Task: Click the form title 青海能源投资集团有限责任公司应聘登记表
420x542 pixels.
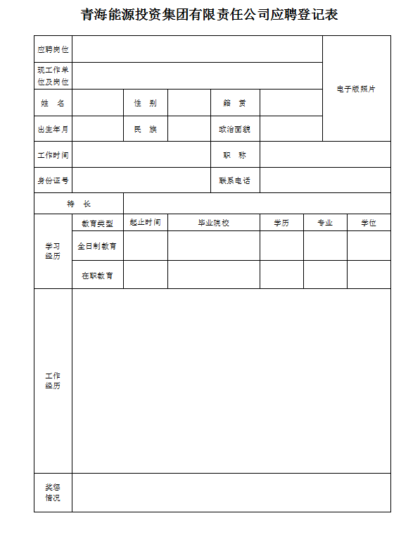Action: click(210, 15)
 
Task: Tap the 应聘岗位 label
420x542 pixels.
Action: click(53, 49)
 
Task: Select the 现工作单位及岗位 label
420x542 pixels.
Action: click(53, 76)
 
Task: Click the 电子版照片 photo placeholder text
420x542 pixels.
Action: click(356, 89)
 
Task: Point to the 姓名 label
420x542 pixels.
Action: click(53, 103)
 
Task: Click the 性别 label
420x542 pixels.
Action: click(146, 103)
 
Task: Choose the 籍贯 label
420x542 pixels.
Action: click(235, 103)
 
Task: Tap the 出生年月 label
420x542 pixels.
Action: click(53, 129)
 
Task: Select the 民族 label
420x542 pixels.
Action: click(146, 129)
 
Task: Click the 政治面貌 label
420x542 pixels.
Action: click(235, 129)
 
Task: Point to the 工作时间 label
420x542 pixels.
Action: click(53, 154)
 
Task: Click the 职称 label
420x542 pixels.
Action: click(235, 154)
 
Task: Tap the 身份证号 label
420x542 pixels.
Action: click(53, 180)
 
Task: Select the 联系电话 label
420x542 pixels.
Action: click(235, 180)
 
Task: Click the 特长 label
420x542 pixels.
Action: click(79, 204)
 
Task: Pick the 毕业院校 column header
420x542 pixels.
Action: click(213, 223)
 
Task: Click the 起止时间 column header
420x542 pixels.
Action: click(146, 223)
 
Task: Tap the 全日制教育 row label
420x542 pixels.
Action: click(97, 246)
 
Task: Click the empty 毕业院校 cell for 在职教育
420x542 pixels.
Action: click(213, 275)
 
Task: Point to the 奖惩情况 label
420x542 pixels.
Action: click(53, 493)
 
